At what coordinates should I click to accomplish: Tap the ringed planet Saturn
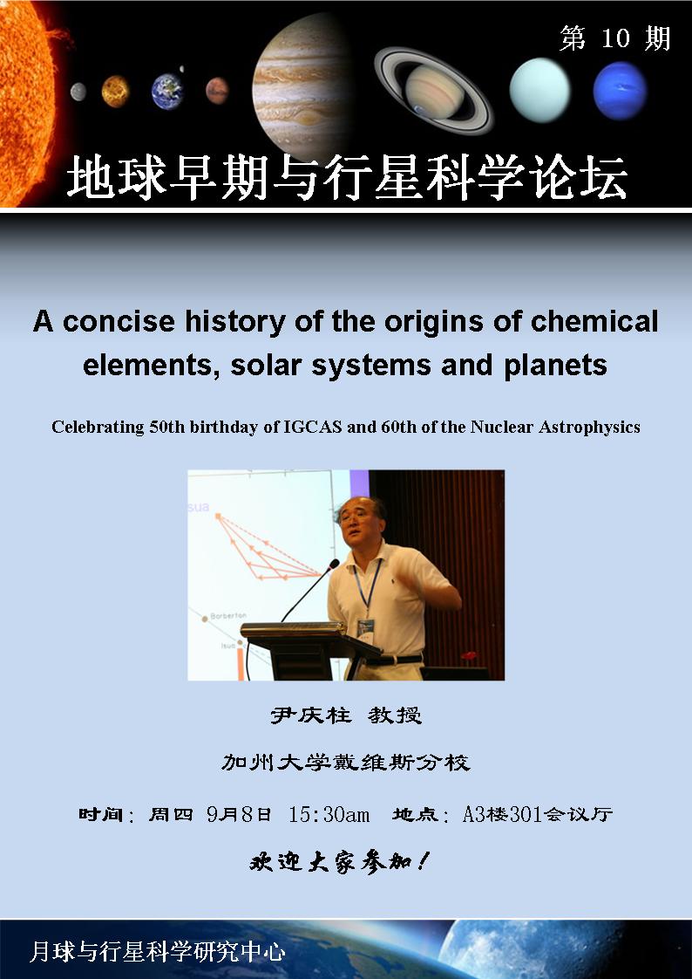click(434, 91)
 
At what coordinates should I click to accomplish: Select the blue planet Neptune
click(620, 91)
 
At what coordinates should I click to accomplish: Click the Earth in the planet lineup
click(167, 91)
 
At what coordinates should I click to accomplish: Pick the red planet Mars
click(217, 91)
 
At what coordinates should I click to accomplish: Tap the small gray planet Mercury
click(78, 92)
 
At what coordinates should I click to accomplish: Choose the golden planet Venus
click(115, 91)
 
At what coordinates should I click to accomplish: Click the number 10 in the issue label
click(615, 38)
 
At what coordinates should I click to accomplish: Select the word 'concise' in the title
click(119, 322)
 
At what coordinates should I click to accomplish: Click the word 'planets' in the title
click(555, 366)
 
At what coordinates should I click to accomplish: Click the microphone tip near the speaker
click(336, 563)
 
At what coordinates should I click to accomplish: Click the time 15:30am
click(329, 814)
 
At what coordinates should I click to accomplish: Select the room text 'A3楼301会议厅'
click(538, 814)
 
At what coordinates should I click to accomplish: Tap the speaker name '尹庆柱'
click(310, 715)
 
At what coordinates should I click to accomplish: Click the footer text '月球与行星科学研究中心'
click(158, 952)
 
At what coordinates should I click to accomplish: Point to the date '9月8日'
click(239, 814)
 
